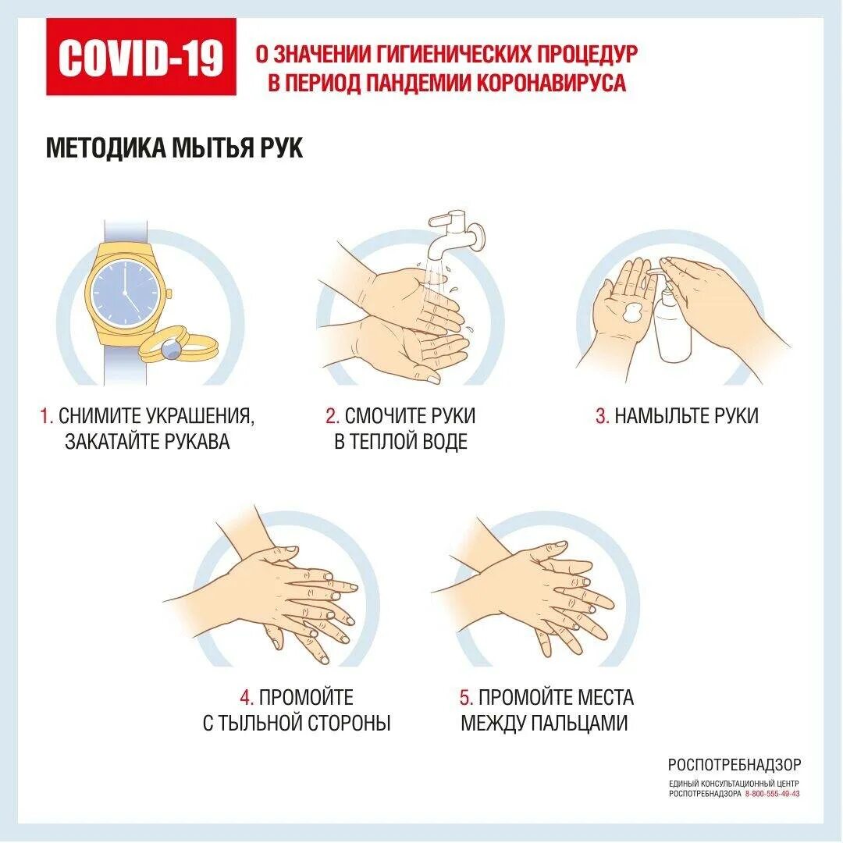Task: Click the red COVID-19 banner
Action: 140,56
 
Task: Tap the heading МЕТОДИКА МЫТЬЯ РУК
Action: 174,148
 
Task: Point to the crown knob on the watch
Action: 169,294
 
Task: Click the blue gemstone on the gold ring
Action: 172,350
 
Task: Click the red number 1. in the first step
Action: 47,415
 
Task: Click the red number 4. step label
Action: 247,697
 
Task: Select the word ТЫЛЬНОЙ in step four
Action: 261,723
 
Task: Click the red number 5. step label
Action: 466,697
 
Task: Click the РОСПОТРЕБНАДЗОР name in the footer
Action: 735,764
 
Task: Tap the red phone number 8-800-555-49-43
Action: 773,794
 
